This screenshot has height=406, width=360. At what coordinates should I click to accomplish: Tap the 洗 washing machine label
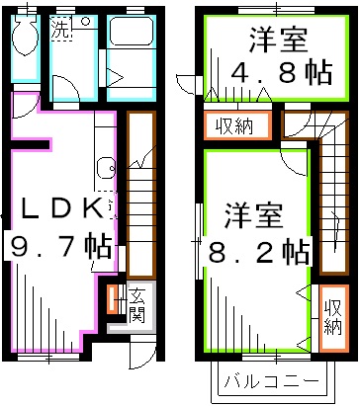tap(61, 29)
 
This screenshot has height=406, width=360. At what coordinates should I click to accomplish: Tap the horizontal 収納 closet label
tap(230, 127)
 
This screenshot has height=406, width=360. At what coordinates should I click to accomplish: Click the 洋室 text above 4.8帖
tap(264, 41)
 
